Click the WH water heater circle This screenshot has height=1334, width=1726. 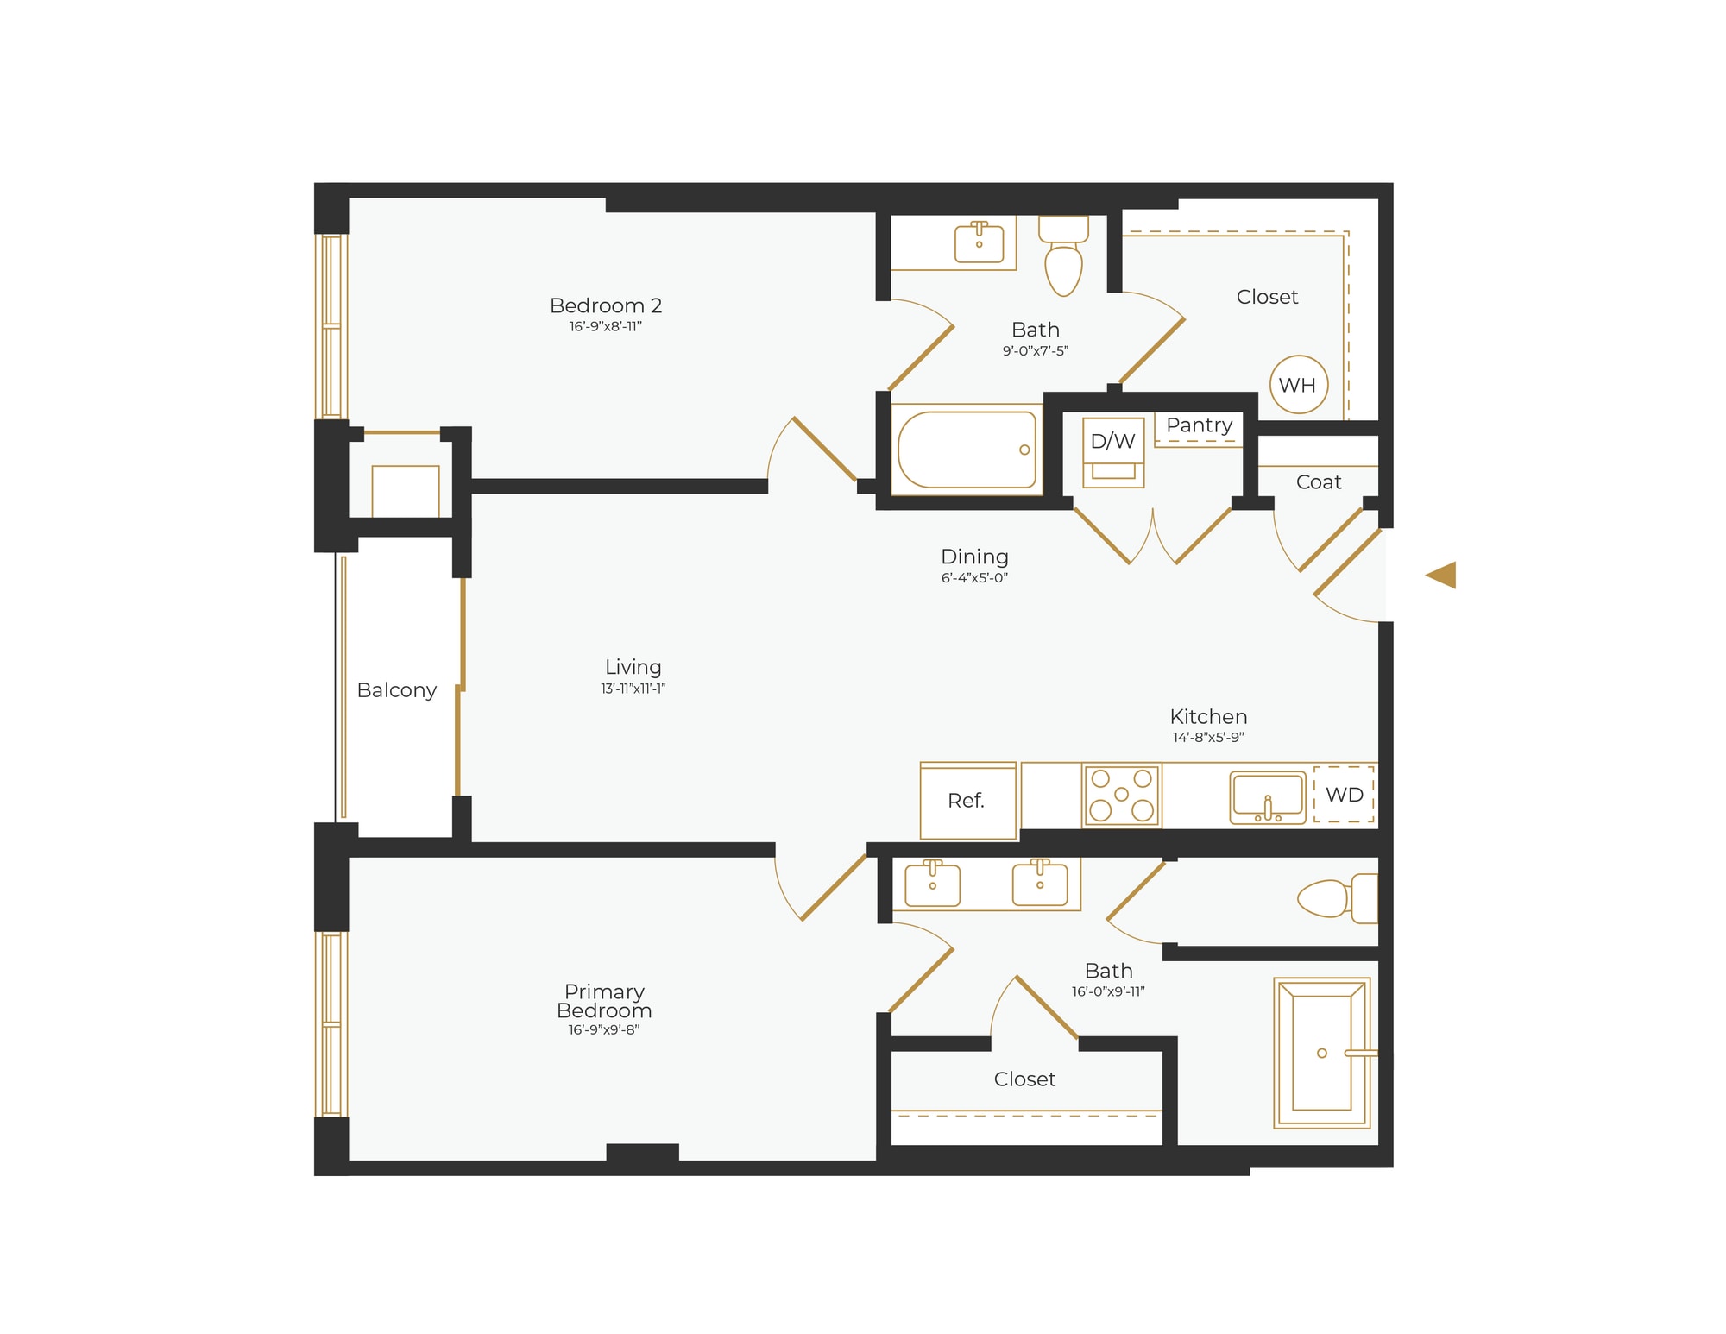pyautogui.click(x=1298, y=385)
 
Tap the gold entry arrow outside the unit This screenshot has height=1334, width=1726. pyautogui.click(x=1442, y=575)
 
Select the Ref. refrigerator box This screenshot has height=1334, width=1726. pyautogui.click(x=967, y=801)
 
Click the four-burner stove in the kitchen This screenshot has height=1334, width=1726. pyautogui.click(x=1121, y=795)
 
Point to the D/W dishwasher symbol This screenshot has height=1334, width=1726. pyautogui.click(x=1113, y=451)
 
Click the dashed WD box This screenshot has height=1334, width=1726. pyautogui.click(x=1344, y=795)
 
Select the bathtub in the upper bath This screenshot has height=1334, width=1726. pyautogui.click(x=967, y=450)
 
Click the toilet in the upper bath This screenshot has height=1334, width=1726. pyautogui.click(x=1063, y=259)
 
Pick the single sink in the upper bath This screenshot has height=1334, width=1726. pyautogui.click(x=979, y=242)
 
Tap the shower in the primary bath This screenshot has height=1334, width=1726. pyautogui.click(x=1321, y=1053)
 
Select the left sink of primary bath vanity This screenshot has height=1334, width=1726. pyautogui.click(x=932, y=884)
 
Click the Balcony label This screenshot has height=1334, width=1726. pyautogui.click(x=396, y=690)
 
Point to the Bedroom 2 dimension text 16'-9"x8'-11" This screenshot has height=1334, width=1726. pyautogui.click(x=605, y=327)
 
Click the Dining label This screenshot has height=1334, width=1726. pyautogui.click(x=974, y=557)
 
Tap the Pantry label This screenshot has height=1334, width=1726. pyautogui.click(x=1199, y=425)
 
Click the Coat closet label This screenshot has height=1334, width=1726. pyautogui.click(x=1318, y=482)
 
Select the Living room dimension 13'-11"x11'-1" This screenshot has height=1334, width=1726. pyautogui.click(x=633, y=689)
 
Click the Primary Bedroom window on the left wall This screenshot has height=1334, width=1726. pyautogui.click(x=331, y=1024)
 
